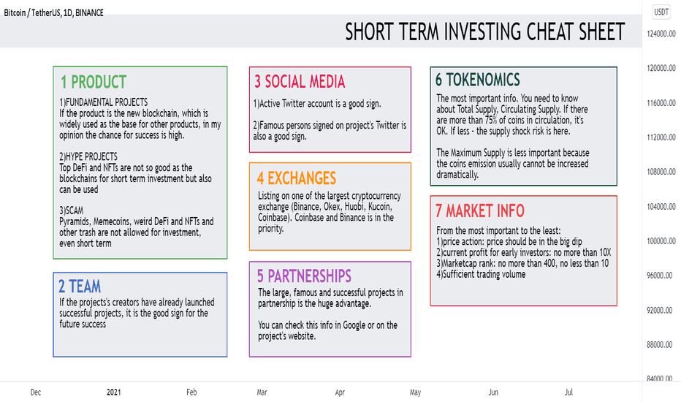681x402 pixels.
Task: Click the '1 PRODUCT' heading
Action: [x=94, y=82]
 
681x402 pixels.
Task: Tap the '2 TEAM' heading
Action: [x=80, y=287]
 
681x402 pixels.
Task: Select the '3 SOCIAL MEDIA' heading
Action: [x=300, y=81]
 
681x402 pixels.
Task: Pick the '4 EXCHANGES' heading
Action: [x=297, y=178]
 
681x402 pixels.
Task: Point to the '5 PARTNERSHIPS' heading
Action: [x=304, y=276]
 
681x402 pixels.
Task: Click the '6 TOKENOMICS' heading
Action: [x=478, y=80]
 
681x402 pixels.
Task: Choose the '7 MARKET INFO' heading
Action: [x=480, y=211]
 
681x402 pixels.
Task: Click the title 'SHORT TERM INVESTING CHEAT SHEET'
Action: [x=485, y=31]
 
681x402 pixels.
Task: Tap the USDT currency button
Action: [x=661, y=12]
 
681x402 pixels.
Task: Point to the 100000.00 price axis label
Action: [x=661, y=240]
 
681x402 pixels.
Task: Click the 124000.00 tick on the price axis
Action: [x=661, y=34]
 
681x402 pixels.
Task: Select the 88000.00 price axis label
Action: [x=661, y=344]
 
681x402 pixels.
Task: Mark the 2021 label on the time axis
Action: [x=114, y=392]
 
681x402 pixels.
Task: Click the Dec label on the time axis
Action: [x=36, y=392]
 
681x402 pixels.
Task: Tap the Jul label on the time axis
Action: [x=568, y=392]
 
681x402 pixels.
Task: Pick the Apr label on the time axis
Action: [x=340, y=392]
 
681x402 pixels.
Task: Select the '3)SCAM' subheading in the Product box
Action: [x=71, y=211]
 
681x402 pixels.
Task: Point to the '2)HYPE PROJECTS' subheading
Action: [x=88, y=156]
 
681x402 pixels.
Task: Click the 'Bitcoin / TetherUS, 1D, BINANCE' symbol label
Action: [x=54, y=12]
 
